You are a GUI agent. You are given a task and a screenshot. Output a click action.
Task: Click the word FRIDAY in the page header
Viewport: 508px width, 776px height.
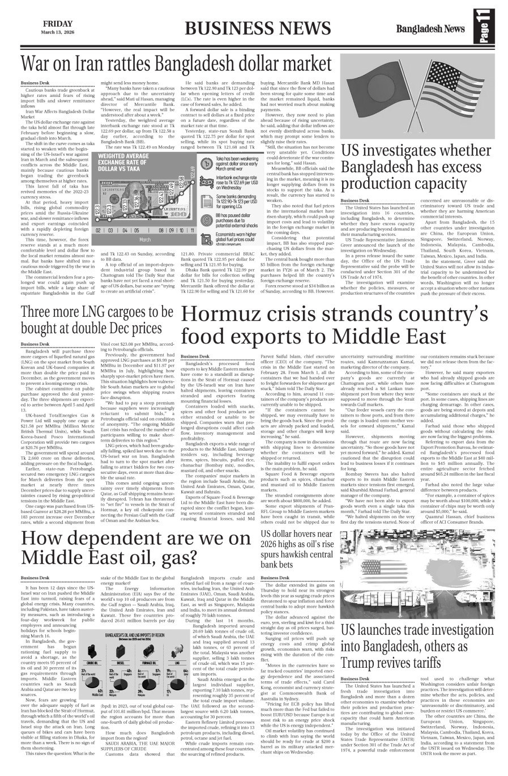pos(57,24)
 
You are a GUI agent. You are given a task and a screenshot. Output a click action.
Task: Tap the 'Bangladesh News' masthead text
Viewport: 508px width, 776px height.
pos(430,29)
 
